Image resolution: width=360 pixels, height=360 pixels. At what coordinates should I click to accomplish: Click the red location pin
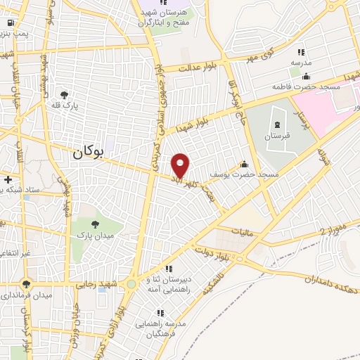tap(181, 165)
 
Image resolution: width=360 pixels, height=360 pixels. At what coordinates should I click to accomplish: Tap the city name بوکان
tap(88, 153)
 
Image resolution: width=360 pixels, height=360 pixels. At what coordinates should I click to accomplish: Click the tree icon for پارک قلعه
tap(65, 95)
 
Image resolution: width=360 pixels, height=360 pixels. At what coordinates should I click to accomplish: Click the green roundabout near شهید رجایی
tap(131, 285)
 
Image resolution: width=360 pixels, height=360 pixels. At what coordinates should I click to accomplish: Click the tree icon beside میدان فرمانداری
tap(27, 285)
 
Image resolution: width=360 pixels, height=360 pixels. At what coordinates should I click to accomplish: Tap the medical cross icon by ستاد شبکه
tap(6, 179)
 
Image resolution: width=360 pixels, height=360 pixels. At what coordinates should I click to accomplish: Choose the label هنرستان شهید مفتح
tap(167, 17)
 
